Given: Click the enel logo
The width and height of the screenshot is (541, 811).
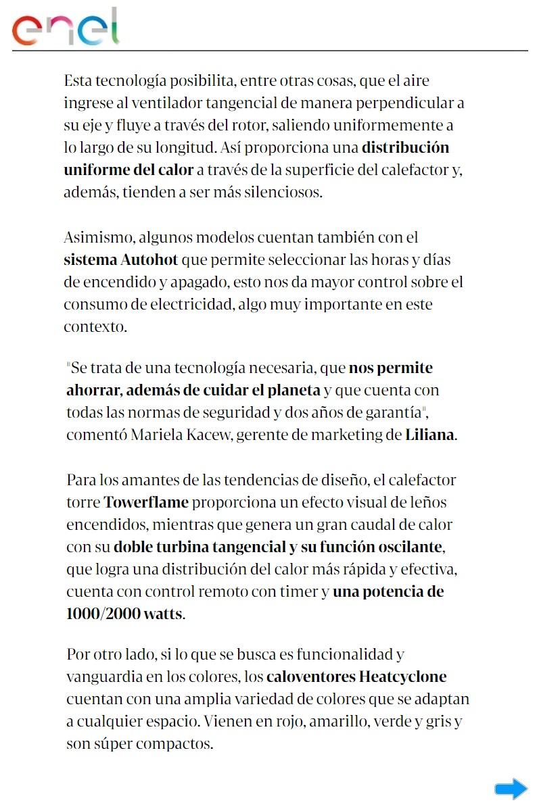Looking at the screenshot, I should [66, 27].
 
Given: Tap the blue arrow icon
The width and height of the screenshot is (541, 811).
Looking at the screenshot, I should [511, 789].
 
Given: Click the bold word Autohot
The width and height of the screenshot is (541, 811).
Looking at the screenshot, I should [149, 260].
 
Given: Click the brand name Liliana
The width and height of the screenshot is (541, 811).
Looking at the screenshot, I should [429, 435].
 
